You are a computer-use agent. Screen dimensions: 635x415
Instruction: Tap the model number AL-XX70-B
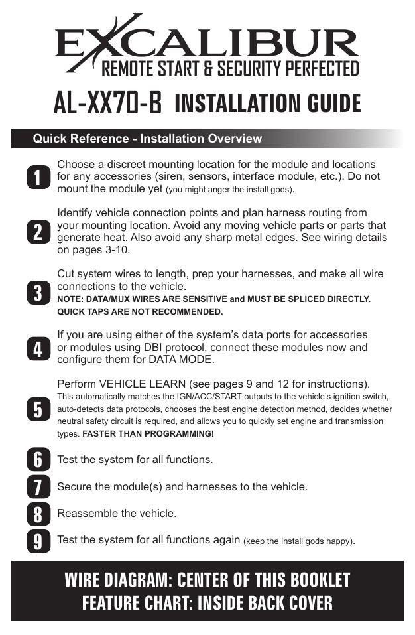point(108,104)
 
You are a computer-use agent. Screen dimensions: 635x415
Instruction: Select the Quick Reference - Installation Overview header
point(147,139)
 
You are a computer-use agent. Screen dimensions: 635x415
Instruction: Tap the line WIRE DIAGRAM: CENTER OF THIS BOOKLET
point(207,579)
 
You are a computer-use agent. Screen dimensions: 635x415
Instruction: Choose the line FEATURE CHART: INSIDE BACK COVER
point(207,603)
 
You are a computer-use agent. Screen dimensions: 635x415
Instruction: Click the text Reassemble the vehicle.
point(117,514)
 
